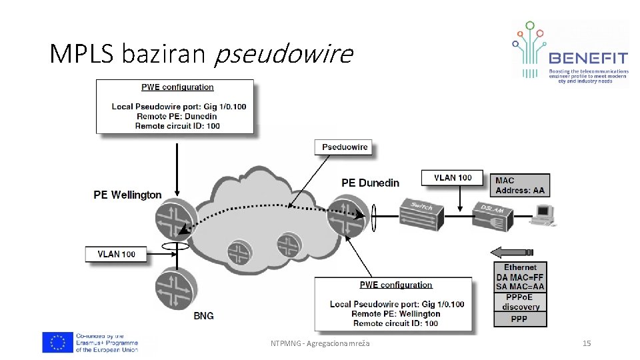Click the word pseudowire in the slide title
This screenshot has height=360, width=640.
click(283, 53)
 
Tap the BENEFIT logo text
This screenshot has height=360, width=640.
click(588, 58)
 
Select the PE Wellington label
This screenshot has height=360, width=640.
click(127, 195)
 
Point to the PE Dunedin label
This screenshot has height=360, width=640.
click(370, 183)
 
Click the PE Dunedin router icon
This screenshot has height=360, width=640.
click(347, 215)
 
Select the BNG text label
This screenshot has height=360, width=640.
click(203, 315)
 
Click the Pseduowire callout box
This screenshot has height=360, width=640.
click(345, 147)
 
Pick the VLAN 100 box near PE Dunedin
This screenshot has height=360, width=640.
click(453, 178)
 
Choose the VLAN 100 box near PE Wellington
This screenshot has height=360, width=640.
click(116, 254)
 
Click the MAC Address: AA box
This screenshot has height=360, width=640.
click(520, 185)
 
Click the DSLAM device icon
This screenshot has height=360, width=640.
click(494, 213)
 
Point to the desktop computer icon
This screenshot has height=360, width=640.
click(544, 215)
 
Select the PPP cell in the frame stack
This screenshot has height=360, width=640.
click(520, 319)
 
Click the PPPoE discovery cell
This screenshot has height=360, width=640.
click(520, 302)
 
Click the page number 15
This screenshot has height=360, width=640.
click(587, 343)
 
